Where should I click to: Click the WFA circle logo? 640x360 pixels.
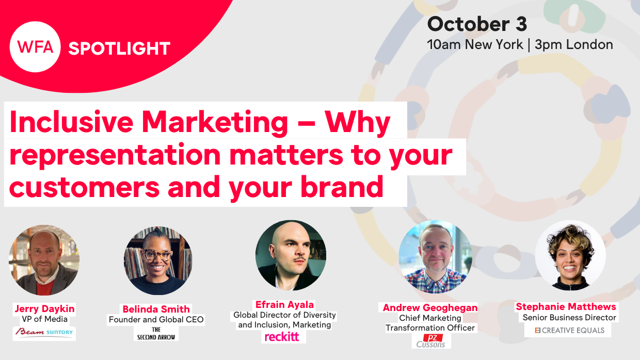tap(35, 47)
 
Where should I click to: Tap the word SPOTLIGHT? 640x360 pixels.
tap(119, 48)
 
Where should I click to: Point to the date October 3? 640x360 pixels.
tap(477, 24)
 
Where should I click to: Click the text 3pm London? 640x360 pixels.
tap(574, 45)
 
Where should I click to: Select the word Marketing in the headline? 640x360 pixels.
tap(215, 123)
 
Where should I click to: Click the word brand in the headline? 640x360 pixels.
tap(342, 187)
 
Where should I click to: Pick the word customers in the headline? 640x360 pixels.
tap(84, 188)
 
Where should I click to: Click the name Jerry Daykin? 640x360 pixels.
tap(44, 308)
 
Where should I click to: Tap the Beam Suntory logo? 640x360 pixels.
tap(44, 333)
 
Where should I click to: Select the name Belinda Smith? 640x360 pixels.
tap(156, 309)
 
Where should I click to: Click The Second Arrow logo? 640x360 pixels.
tap(156, 334)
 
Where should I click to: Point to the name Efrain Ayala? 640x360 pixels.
tap(284, 305)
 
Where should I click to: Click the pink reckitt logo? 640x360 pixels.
tap(282, 337)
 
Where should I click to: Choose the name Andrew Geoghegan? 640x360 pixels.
tap(430, 308)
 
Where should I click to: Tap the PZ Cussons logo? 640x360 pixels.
tap(431, 341)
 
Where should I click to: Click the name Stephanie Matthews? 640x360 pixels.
tap(566, 307)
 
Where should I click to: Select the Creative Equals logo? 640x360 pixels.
tap(569, 331)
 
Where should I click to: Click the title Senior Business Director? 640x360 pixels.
tap(569, 318)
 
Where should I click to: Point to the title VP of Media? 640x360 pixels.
tap(44, 319)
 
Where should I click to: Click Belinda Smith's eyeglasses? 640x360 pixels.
tap(157, 255)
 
